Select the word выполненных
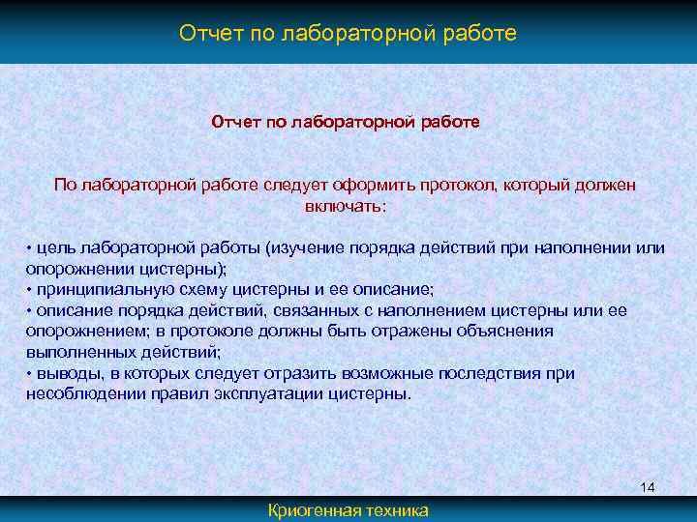(x=73, y=353)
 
